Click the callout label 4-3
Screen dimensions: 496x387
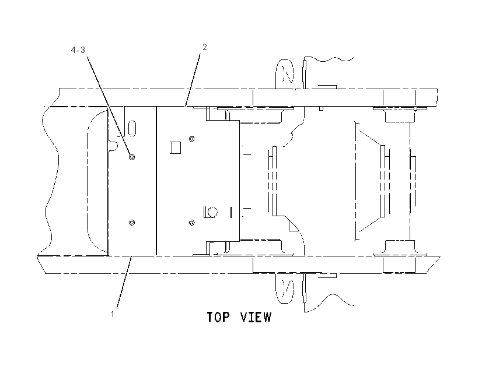78,50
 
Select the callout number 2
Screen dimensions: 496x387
205,47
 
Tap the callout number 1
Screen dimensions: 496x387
112,314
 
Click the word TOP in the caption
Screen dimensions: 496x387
218,317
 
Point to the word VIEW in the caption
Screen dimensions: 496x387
256,317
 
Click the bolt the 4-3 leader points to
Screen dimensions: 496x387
132,157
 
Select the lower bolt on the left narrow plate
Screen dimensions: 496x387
132,223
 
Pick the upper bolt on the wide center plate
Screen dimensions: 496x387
192,139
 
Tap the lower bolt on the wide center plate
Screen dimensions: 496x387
192,223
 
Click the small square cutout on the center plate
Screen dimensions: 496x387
176,147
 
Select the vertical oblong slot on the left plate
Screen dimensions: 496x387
132,128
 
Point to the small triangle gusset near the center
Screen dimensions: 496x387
292,227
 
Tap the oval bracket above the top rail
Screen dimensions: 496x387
285,74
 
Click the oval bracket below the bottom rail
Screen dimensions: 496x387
285,289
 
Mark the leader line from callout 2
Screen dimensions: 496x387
193,80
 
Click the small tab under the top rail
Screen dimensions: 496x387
321,108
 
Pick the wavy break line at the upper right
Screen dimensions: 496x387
329,59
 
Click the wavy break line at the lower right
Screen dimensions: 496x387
329,302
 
